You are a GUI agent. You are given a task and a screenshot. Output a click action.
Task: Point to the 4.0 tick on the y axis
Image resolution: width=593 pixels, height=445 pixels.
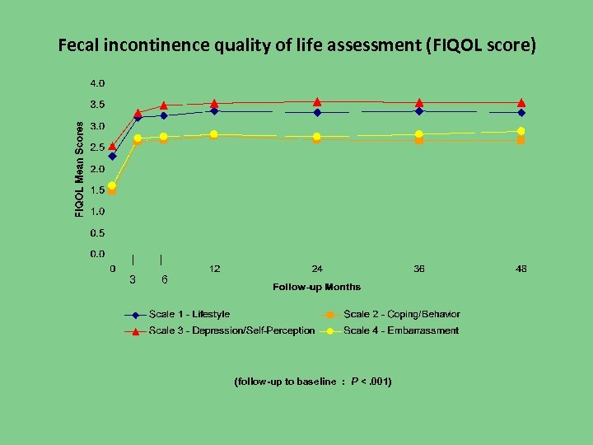[97, 83]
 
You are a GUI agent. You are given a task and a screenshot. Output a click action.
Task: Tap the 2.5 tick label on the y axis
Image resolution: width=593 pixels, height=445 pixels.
[97, 148]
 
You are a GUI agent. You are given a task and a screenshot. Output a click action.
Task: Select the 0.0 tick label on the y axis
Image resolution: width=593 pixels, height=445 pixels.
[97, 255]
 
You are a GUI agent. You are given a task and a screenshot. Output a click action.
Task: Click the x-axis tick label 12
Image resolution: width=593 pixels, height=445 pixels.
[214, 269]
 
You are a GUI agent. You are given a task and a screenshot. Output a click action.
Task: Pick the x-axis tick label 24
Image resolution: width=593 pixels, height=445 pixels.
[317, 269]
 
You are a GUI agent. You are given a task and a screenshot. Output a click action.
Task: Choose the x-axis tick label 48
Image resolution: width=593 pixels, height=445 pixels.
[521, 269]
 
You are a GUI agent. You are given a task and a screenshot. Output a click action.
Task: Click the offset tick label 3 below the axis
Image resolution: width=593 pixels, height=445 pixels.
[133, 279]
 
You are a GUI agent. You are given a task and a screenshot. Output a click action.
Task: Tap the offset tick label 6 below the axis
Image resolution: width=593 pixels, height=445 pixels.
[165, 279]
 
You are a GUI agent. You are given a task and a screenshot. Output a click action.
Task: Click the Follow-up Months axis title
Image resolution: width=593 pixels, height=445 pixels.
[316, 287]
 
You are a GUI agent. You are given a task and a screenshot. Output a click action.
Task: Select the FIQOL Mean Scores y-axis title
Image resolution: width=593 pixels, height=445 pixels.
[80, 170]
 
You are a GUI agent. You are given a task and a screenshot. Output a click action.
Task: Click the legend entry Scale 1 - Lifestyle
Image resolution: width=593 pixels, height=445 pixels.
[189, 314]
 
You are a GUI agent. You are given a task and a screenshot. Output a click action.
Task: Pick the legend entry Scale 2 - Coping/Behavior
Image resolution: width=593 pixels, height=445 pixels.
[401, 314]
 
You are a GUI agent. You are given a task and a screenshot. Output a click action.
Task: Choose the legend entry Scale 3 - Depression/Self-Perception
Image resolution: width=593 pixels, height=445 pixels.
[231, 330]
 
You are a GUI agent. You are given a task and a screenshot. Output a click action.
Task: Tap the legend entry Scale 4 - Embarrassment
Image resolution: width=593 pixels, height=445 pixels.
[400, 330]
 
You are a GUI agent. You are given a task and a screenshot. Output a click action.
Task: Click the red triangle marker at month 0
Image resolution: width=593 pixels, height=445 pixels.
[112, 146]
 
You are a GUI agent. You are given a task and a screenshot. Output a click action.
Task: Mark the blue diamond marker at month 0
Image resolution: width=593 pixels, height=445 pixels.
[112, 156]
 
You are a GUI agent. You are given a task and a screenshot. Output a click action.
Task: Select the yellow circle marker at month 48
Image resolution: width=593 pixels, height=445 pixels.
[521, 131]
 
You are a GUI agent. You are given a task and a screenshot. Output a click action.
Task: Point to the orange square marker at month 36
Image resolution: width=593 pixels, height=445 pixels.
[419, 140]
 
